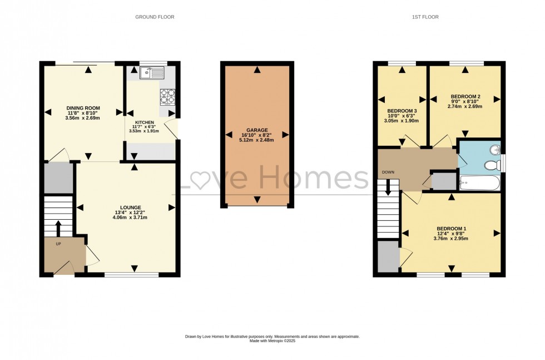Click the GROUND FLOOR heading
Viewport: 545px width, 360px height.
pos(155,17)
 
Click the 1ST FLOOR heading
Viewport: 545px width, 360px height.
pos(425,17)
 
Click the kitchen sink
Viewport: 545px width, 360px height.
pos(151,72)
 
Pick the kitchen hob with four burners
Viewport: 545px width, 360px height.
pos(167,97)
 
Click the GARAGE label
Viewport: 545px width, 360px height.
pos(257,130)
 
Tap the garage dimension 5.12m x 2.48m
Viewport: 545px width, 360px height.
pos(257,140)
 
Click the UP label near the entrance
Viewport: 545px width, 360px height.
pos(58,244)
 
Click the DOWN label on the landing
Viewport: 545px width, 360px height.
pos(388,172)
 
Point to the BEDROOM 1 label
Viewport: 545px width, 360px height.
pos(451,229)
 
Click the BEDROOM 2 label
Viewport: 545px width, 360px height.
pos(465,96)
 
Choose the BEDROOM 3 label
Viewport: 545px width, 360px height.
pos(402,110)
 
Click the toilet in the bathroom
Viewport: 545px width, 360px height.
pos(490,165)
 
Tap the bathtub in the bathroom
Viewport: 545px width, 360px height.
pos(479,183)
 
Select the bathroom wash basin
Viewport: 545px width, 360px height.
pos(494,150)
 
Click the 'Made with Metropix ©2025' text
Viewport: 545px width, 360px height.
pos(272,341)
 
